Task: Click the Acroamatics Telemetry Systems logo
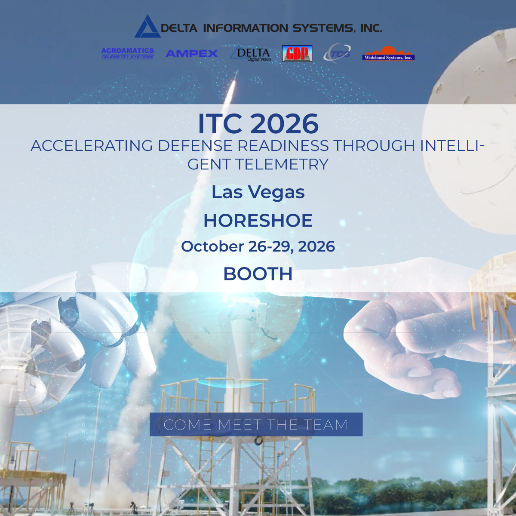pos(127,53)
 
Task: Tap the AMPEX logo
pos(191,53)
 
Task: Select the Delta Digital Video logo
pos(251,54)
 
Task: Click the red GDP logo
pos(297,53)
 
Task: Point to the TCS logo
pos(338,54)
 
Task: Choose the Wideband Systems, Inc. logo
pos(388,55)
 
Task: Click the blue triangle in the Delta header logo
pos(147,28)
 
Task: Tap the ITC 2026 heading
pos(258,124)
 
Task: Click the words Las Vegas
pos(258,192)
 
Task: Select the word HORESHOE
pos(258,221)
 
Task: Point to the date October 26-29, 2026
pos(258,246)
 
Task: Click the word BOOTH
pos(258,274)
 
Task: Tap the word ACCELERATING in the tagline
pos(92,146)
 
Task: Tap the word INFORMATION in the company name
pos(245,28)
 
